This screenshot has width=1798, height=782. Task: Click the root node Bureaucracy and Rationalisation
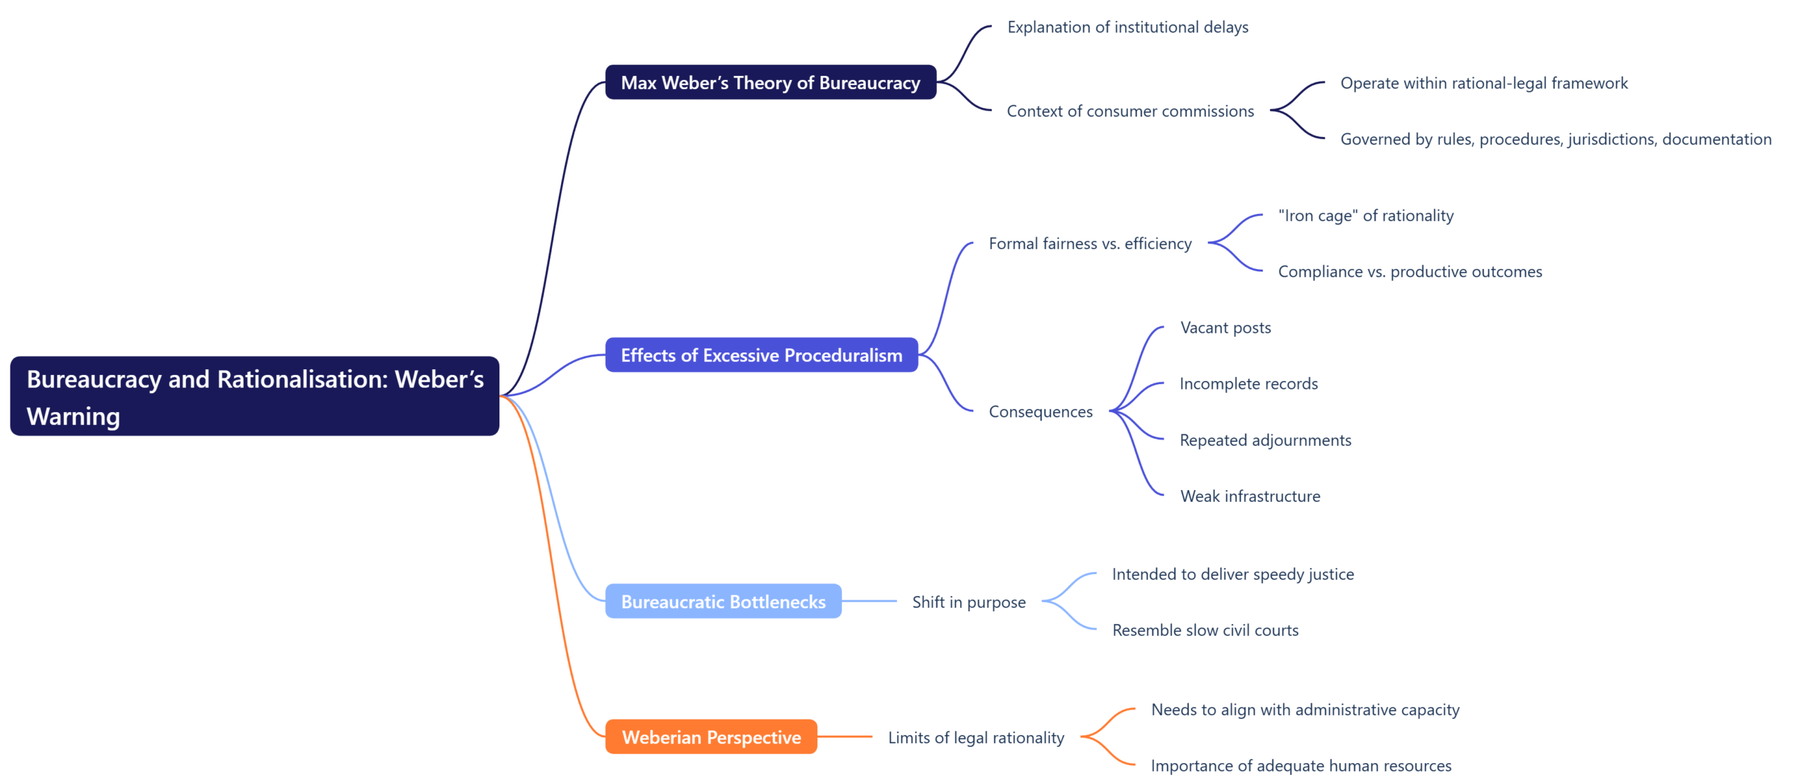[x=254, y=397]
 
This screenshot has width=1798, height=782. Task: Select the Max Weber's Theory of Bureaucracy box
[x=770, y=83]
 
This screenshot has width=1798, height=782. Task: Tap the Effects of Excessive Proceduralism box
[x=761, y=355]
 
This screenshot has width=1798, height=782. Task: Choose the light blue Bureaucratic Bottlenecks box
[x=723, y=602]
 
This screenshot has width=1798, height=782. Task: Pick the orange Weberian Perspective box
[x=711, y=737]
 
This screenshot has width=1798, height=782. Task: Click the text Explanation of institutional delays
[x=1127, y=27]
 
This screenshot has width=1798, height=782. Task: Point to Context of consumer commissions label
[x=1129, y=111]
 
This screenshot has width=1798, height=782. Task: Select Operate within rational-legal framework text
[x=1483, y=84]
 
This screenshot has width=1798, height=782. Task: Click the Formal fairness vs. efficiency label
[x=1089, y=244]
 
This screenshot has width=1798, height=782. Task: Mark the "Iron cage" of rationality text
[x=1365, y=216]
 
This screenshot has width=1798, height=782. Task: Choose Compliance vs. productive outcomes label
[x=1410, y=272]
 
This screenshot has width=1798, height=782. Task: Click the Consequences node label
[x=1040, y=412]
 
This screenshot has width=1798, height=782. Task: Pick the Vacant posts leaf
[x=1225, y=328]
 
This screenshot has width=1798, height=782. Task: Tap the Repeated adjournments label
[x=1265, y=440]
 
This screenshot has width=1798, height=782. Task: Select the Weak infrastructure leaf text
[x=1249, y=496]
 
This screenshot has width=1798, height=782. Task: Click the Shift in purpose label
[x=969, y=602]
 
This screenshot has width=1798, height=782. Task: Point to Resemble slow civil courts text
[x=1205, y=630]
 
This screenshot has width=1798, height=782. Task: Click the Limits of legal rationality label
[x=976, y=738]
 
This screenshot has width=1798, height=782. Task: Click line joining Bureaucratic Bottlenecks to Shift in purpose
[x=869, y=602]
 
